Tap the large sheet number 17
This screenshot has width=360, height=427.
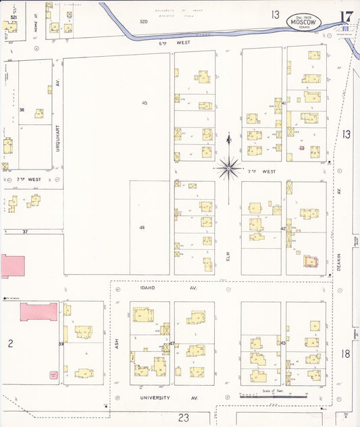pos(346,18)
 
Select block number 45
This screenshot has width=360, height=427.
pos(145,103)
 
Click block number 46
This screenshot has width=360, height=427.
pos(142,228)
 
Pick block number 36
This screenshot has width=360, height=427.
pos(22,110)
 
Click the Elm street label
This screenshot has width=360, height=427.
pos(229,257)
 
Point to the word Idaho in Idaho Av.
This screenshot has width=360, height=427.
pos(147,288)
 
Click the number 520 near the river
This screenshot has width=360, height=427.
pos(143,22)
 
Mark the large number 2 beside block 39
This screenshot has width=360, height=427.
pos(11,344)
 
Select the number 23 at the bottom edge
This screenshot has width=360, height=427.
pos(183,418)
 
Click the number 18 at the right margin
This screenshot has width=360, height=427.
pos(346,353)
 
